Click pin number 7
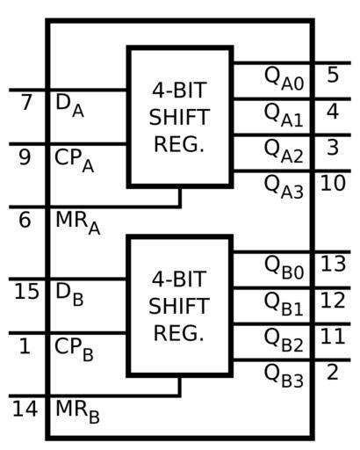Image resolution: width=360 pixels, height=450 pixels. click(x=26, y=102)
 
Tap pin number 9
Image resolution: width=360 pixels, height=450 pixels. click(x=25, y=157)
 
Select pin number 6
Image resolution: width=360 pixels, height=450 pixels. click(x=25, y=220)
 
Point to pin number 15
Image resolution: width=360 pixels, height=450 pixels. click(x=26, y=292)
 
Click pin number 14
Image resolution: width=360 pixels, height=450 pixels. click(x=25, y=409)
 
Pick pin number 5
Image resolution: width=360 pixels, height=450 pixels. click(x=333, y=75)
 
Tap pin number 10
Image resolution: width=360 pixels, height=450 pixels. click(x=333, y=184)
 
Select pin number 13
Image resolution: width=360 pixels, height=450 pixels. click(x=333, y=264)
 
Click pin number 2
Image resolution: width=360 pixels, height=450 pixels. click(x=333, y=373)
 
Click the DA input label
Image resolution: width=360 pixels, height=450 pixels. click(x=69, y=105)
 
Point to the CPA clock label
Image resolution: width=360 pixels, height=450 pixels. click(x=75, y=161)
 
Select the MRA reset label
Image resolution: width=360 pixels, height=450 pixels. click(x=78, y=223)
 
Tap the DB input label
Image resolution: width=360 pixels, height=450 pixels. click(x=69, y=294)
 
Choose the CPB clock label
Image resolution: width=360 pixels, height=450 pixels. click(x=74, y=350)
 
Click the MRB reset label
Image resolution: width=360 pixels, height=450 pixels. click(x=77, y=412)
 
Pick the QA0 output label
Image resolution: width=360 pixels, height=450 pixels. click(x=284, y=78)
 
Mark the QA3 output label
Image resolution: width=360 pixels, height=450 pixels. click(x=284, y=187)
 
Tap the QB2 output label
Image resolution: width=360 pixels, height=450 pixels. click(x=284, y=340)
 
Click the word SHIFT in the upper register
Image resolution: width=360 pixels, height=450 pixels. click(x=179, y=117)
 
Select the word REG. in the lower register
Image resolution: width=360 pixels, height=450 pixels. click(x=179, y=333)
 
